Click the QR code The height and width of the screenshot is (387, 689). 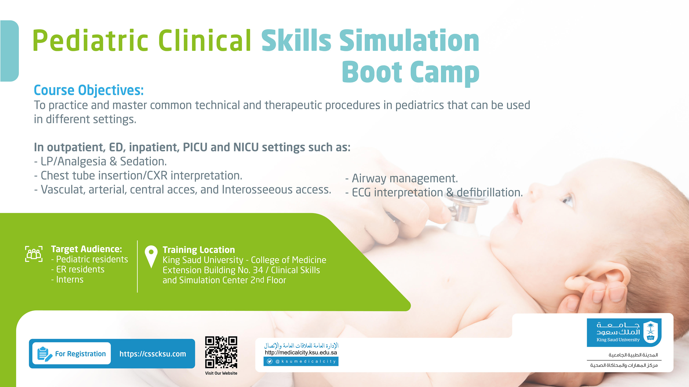pyautogui.click(x=221, y=352)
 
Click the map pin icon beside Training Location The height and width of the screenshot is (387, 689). pyautogui.click(x=151, y=256)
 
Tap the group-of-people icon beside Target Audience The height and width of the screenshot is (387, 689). pyautogui.click(x=34, y=254)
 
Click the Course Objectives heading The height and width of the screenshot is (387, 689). pyautogui.click(x=89, y=90)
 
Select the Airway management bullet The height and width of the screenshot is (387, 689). pyautogui.click(x=402, y=178)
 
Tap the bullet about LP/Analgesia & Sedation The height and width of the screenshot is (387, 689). pyautogui.click(x=101, y=162)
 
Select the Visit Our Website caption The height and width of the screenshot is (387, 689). pyautogui.click(x=221, y=373)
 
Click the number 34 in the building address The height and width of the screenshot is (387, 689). pyautogui.click(x=258, y=270)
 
